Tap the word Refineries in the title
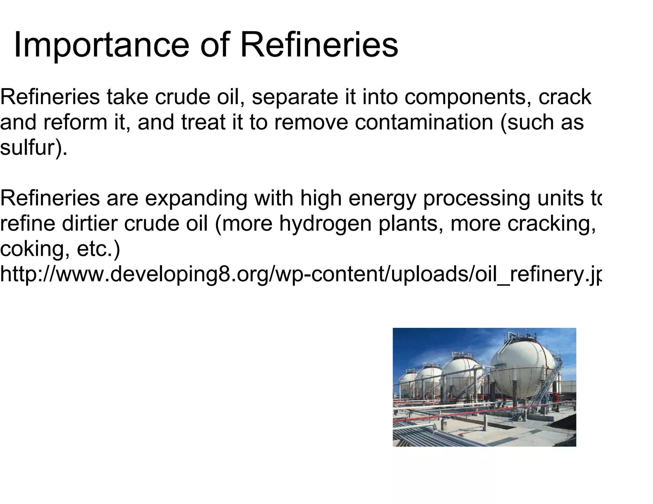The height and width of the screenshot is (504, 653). point(319,45)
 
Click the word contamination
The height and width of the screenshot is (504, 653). point(424,122)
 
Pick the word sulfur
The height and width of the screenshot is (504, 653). point(30,148)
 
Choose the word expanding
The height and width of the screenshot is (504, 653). point(196,198)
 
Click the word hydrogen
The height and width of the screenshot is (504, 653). point(326,224)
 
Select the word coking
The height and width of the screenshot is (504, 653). point(35,249)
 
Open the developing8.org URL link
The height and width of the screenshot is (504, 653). point(300,275)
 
